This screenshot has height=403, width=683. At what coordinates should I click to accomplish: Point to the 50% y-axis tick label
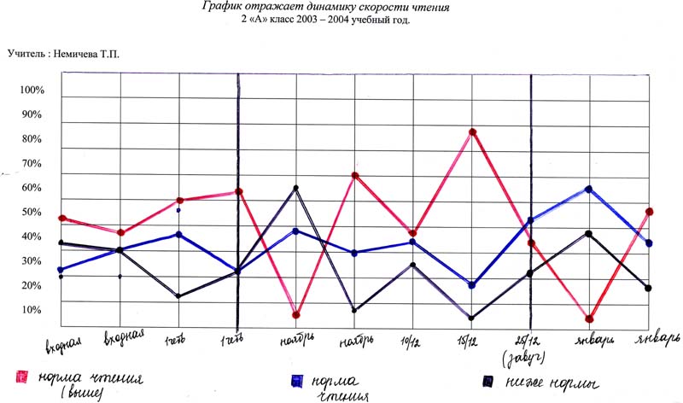tap(31, 212)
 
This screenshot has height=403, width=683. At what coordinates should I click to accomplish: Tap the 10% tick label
tap(31, 309)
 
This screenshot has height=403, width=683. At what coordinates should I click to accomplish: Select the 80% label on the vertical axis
tap(31, 139)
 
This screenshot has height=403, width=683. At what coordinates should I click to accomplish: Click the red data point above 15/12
tap(472, 132)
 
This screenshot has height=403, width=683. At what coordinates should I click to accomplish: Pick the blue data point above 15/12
tap(472, 285)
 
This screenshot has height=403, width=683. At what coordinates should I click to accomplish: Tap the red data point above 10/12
tap(413, 233)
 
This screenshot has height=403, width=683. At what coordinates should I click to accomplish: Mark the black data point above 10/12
tap(413, 265)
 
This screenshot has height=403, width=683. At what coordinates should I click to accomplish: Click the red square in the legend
tap(20, 377)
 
